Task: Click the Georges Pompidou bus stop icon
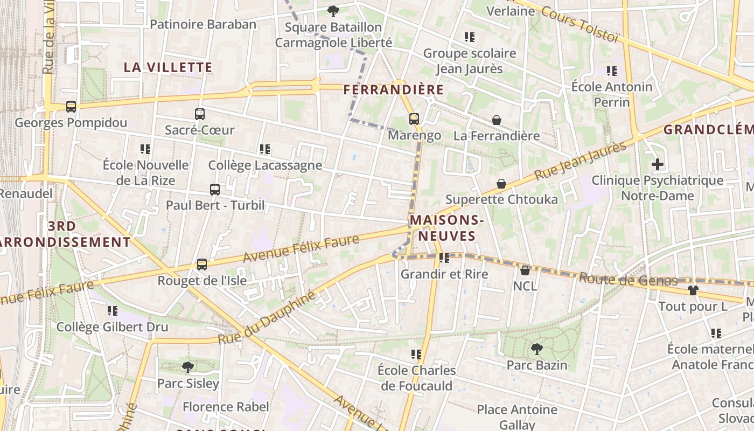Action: click(71, 107)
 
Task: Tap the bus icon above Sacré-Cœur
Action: click(200, 114)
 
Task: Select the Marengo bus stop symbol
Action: click(414, 119)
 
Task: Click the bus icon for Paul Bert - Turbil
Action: click(215, 190)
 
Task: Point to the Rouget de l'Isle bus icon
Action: click(202, 265)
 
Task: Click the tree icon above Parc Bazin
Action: click(536, 349)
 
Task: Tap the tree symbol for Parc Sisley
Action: click(188, 367)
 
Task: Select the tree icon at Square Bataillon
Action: click(333, 11)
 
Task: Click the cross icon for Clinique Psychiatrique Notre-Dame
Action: click(657, 164)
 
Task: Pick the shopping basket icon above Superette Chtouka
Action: click(501, 184)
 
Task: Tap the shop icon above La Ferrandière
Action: click(497, 120)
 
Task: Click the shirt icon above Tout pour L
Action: click(693, 290)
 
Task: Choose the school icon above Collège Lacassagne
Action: click(264, 149)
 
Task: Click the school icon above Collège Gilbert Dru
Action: click(112, 311)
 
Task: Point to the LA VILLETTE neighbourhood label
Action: click(168, 67)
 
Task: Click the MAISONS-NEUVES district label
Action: click(446, 228)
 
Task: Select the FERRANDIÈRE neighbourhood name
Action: click(394, 89)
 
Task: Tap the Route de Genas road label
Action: click(628, 280)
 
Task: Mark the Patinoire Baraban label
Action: click(203, 24)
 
